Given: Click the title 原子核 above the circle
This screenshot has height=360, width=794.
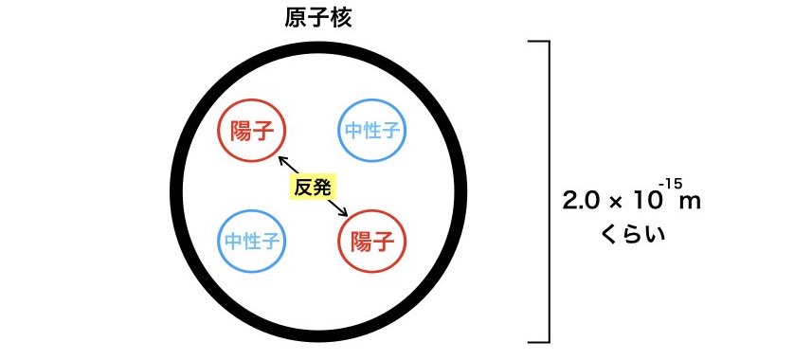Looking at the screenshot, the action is click(x=318, y=19).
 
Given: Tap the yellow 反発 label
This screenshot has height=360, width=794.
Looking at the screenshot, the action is click(x=313, y=187).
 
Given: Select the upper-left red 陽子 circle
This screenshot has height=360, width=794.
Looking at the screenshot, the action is click(x=252, y=129).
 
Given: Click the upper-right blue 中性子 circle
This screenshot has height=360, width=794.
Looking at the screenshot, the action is click(x=371, y=131).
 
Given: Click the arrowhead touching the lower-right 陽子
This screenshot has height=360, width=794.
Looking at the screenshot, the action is click(x=345, y=215).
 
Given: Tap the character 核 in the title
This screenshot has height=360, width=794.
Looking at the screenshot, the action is click(x=340, y=19).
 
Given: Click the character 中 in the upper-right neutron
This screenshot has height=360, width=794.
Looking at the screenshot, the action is click(x=352, y=131).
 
